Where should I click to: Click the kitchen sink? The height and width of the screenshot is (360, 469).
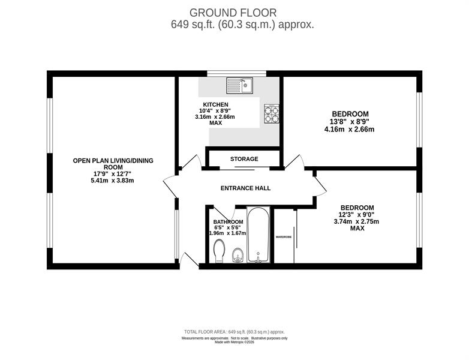point(239,85)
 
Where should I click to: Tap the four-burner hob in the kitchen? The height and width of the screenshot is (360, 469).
point(272,114)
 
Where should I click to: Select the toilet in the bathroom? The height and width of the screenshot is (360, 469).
point(220,251)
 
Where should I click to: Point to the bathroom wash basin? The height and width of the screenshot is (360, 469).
point(237,255)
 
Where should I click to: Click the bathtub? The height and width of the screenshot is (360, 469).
point(258,235)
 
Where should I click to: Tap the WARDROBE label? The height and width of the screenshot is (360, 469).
point(284,237)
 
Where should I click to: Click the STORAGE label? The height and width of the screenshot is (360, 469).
point(244,159)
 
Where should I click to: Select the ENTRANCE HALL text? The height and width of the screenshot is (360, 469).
point(245,188)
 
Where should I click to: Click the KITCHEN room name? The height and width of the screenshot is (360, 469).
point(216,104)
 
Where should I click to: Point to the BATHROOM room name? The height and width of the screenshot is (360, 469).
point(229,222)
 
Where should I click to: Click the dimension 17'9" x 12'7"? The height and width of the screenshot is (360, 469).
point(113,174)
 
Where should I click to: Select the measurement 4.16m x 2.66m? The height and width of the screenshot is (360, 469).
point(350,130)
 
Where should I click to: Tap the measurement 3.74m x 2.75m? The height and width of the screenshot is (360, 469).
point(356,222)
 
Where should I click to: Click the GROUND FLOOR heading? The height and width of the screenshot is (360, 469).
point(233,13)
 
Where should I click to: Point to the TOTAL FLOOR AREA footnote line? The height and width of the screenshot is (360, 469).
point(235,332)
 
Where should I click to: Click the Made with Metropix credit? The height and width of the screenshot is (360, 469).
point(235,342)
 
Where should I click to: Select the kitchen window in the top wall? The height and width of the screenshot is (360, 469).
point(237,74)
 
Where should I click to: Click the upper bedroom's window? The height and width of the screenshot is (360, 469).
point(419,120)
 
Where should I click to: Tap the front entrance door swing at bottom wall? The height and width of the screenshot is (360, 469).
point(189,259)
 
